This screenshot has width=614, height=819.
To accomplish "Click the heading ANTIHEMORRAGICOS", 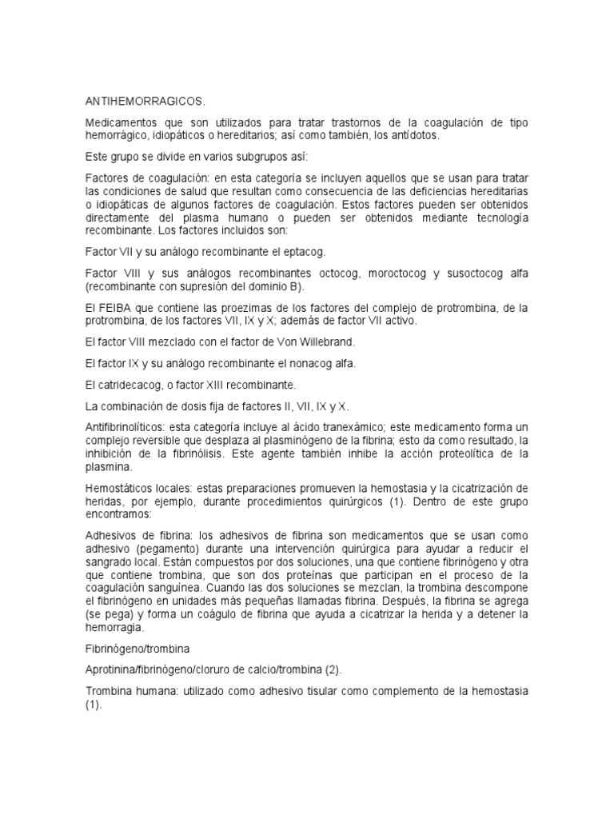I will pyautogui.click(x=145, y=101).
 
